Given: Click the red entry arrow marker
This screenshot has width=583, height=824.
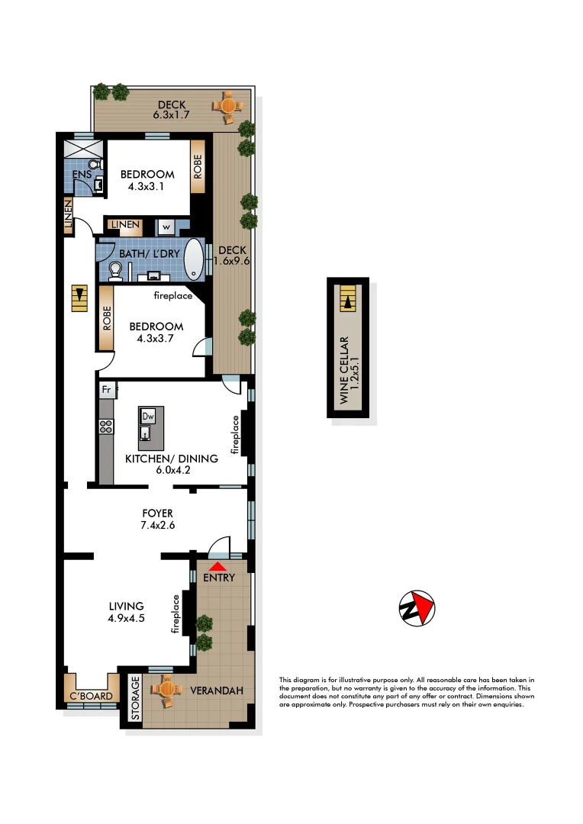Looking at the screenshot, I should click(217, 566).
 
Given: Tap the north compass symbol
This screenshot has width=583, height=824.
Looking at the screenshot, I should click(417, 609).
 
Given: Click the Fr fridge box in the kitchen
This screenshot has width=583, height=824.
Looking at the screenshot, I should click(108, 391).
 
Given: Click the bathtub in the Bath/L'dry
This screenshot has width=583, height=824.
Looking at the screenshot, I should click(196, 259).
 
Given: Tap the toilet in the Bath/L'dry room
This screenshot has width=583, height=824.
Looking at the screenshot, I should click(115, 270).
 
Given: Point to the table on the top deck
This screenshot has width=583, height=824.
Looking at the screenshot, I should click(227, 105).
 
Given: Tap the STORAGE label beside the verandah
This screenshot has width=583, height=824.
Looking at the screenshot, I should click(135, 698).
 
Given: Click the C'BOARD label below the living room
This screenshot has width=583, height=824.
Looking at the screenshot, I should click(91, 696).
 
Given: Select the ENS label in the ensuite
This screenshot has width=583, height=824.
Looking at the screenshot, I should click(82, 175).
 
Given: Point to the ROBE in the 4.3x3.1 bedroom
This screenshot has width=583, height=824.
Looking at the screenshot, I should click(197, 168).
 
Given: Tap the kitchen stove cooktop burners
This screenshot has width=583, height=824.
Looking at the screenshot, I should click(106, 427).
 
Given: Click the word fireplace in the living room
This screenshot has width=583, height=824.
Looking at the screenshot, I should click(176, 615).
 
